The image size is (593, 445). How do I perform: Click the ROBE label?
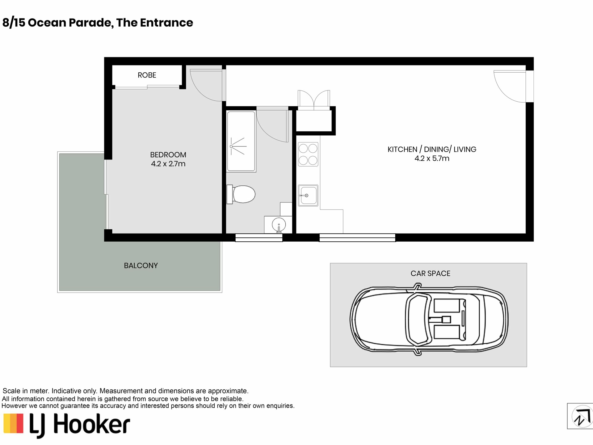[147, 75]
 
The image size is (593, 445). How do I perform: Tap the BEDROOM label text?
[168, 155]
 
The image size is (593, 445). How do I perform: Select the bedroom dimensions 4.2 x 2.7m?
[168, 164]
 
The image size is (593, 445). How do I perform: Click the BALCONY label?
[141, 265]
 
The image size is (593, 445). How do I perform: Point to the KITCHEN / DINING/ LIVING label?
[432, 149]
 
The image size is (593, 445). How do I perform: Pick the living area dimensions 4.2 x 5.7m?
[432, 159]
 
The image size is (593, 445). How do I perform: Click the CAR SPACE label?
[430, 273]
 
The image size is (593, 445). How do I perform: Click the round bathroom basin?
[279, 225]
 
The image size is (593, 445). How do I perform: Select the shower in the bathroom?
[241, 142]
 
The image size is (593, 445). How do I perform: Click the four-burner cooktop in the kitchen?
[308, 154]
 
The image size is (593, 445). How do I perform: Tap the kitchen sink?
[308, 195]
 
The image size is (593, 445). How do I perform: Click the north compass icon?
[581, 416]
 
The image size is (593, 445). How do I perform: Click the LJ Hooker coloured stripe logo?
[13, 424]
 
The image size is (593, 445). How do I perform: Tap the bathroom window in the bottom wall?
[259, 238]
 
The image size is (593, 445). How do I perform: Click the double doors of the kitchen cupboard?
[314, 100]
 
